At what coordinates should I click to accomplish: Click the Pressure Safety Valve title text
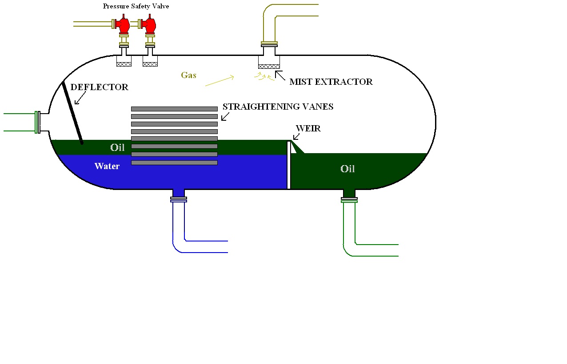pyautogui.click(x=136, y=6)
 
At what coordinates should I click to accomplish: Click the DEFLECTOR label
pyautogui.click(x=99, y=87)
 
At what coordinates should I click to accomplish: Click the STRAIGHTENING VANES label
pyautogui.click(x=278, y=107)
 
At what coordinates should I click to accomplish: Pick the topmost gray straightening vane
pyautogui.click(x=174, y=109)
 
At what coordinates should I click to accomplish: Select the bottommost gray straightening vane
pyautogui.click(x=174, y=163)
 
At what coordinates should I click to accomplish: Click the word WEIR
pyautogui.click(x=308, y=129)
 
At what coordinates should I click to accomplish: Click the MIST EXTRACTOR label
pyautogui.click(x=331, y=82)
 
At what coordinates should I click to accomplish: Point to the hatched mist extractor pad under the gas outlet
pyautogui.click(x=269, y=67)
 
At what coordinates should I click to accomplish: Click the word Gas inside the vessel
pyautogui.click(x=188, y=75)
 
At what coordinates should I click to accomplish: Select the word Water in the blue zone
pyautogui.click(x=107, y=166)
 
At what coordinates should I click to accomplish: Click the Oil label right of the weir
pyautogui.click(x=347, y=169)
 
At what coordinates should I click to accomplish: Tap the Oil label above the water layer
pyautogui.click(x=117, y=148)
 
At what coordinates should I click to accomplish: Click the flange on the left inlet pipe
pyautogui.click(x=38, y=123)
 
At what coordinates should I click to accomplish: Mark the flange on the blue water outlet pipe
pyautogui.click(x=179, y=200)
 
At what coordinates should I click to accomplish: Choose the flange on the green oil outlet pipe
pyautogui.click(x=349, y=200)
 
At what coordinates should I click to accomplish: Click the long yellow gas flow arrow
pyautogui.click(x=220, y=81)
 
